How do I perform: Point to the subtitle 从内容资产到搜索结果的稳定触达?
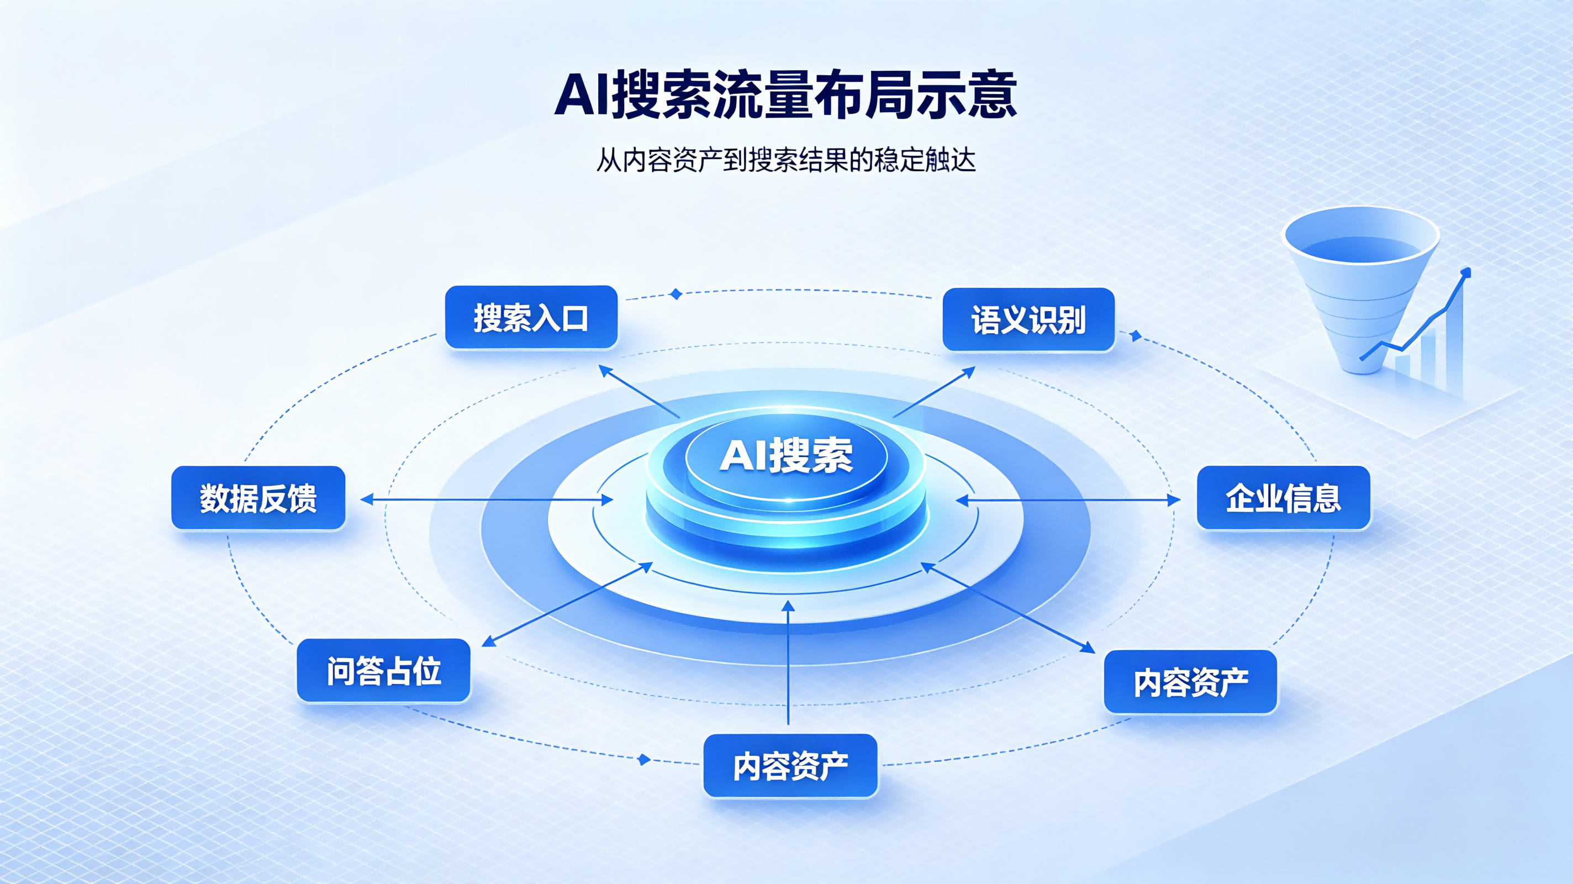tap(786, 160)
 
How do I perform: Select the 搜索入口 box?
tap(531, 317)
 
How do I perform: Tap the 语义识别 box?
tap(1029, 319)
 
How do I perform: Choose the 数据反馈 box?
tap(258, 498)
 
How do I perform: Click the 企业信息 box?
tap(1284, 498)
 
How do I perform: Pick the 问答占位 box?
tap(383, 671)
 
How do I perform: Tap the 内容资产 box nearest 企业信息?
tap(1191, 682)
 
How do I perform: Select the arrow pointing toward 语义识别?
tap(935, 392)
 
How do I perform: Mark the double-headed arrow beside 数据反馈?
tap(487, 499)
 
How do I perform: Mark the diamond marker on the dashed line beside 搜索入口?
tap(675, 294)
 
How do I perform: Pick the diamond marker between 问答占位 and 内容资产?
tap(643, 759)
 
